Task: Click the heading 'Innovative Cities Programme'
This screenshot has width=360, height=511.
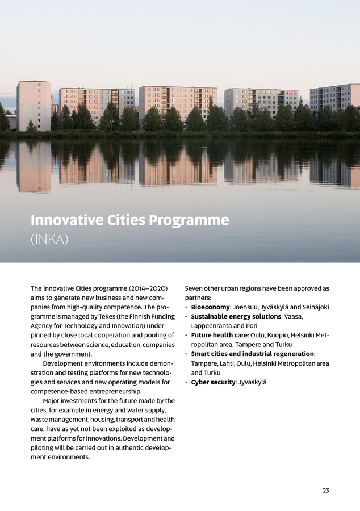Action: click(129, 220)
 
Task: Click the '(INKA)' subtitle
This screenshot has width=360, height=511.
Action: click(49, 240)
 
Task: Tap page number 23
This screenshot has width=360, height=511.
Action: click(326, 491)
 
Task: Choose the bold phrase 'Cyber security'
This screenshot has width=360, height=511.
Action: click(213, 382)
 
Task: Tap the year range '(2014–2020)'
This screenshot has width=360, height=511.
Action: click(148, 288)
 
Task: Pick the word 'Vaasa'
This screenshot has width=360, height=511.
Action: click(294, 316)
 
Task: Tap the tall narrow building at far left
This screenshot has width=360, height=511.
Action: click(34, 106)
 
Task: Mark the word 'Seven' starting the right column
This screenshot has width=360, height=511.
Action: click(195, 288)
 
